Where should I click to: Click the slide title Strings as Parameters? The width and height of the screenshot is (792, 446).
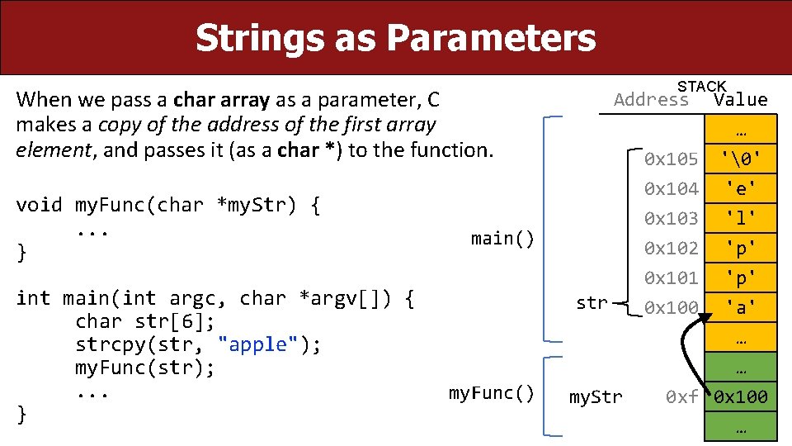tap(395, 37)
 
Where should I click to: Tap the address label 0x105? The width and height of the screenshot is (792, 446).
tap(671, 159)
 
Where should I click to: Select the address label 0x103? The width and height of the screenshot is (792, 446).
tap(671, 218)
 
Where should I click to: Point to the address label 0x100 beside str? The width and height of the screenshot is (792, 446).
tap(671, 308)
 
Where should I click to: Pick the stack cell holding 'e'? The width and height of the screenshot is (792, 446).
tap(740, 188)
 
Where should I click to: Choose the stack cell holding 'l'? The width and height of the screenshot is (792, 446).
tap(740, 218)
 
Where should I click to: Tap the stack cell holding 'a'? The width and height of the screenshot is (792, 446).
tap(740, 308)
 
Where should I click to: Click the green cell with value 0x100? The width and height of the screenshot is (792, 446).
tap(740, 397)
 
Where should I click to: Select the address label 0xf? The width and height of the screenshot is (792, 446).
tap(682, 397)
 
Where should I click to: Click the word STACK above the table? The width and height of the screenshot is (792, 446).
tap(701, 87)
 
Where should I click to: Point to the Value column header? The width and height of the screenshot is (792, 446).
tap(740, 101)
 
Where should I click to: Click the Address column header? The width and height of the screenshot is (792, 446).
tap(651, 101)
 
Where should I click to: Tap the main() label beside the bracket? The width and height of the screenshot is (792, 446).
tap(502, 239)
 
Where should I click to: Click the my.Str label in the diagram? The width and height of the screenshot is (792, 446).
tap(596, 397)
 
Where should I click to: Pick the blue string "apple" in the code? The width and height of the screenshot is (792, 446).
tap(258, 345)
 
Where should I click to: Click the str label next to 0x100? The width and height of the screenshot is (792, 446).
tap(592, 303)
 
